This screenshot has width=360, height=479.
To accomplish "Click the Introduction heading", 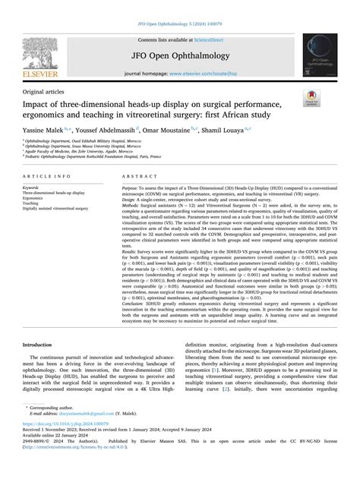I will (42, 366).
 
